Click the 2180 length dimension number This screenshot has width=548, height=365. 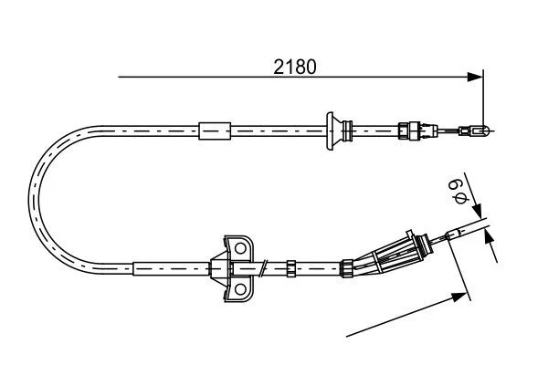pos(295,67)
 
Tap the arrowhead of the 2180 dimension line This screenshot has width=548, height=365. pos(475,77)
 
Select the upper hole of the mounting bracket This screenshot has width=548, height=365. pos(240,248)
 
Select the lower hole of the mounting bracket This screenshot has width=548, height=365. pos(240,289)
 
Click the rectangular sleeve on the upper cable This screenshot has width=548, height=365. pos(215,131)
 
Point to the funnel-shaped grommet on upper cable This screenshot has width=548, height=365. pos(334,131)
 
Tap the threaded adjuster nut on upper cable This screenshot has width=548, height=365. pos(409,130)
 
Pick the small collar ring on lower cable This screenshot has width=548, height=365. pos(291,268)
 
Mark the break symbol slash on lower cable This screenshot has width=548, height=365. pos(264,268)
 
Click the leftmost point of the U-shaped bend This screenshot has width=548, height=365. pos(29,199)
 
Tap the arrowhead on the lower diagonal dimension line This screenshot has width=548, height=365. pos(458,298)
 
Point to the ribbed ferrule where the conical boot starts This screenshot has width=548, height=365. pos(347,268)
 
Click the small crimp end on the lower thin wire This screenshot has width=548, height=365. pos(453,235)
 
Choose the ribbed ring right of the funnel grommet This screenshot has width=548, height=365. pos(347,131)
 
